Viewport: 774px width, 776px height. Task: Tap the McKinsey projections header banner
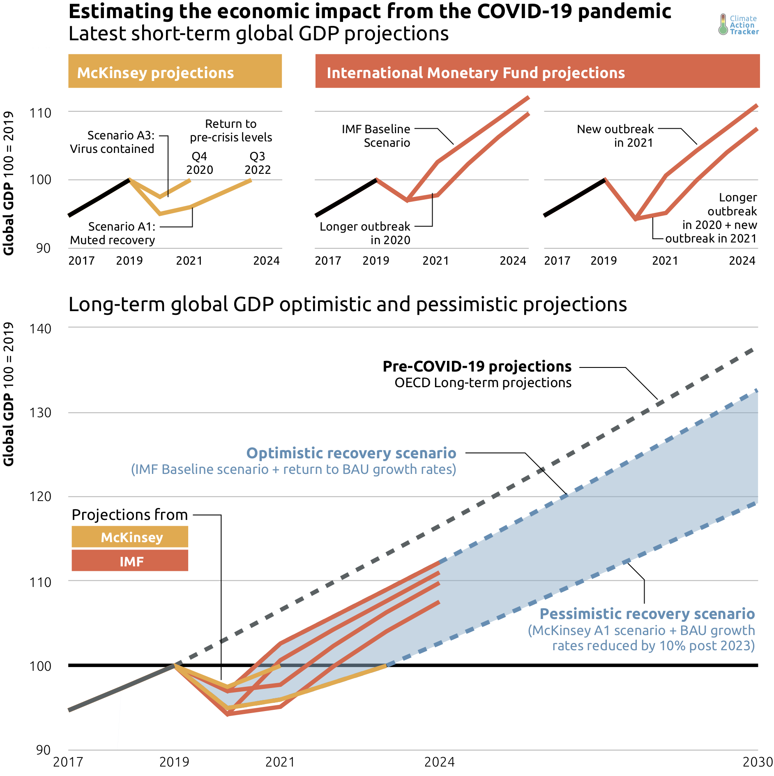pyautogui.click(x=175, y=71)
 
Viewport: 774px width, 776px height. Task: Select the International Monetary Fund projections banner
pyautogui.click(x=537, y=71)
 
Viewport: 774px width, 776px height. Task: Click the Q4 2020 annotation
pyautogui.click(x=200, y=163)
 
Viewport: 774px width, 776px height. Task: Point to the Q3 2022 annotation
pyautogui.click(x=258, y=163)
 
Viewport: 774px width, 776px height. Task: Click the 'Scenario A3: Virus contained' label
pyautogui.click(x=113, y=142)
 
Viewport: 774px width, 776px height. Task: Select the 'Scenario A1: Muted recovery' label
pyautogui.click(x=113, y=233)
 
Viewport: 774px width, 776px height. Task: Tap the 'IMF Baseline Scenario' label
pyautogui.click(x=376, y=136)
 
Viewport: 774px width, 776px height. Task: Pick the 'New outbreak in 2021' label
pyautogui.click(x=615, y=136)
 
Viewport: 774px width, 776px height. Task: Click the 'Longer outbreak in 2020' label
pyautogui.click(x=365, y=233)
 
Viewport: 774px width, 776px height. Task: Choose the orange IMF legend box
pyautogui.click(x=130, y=561)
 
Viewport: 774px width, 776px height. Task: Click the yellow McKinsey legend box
pyautogui.click(x=130, y=537)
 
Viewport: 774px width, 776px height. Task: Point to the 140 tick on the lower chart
pyautogui.click(x=40, y=329)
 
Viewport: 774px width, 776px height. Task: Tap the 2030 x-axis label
pyautogui.click(x=758, y=762)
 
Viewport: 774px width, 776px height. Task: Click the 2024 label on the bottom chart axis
pyautogui.click(x=439, y=762)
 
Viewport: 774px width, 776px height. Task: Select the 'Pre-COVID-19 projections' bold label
pyautogui.click(x=477, y=366)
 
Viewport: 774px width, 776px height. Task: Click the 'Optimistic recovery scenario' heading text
pyautogui.click(x=351, y=453)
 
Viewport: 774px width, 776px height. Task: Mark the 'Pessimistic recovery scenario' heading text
pyautogui.click(x=647, y=614)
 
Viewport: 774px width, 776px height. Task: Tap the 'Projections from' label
pyautogui.click(x=130, y=515)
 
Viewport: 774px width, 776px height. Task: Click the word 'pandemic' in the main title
pyautogui.click(x=624, y=11)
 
